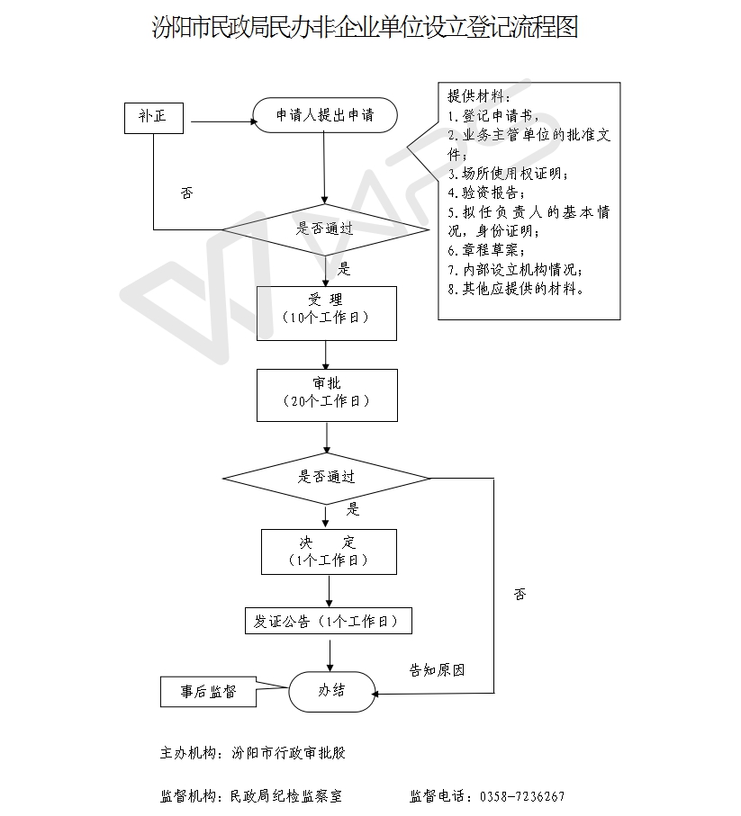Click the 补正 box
pyautogui.click(x=154, y=118)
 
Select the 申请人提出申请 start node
pyautogui.click(x=325, y=115)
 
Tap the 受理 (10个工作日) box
pyautogui.click(x=327, y=313)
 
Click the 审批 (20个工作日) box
pyautogui.click(x=327, y=395)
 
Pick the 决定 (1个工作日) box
pyautogui.click(x=330, y=551)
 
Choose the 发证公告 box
pyautogui.click(x=329, y=621)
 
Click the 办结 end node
pyautogui.click(x=332, y=692)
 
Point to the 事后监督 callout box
pyautogui.click(x=208, y=692)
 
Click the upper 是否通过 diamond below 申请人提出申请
pyautogui.click(x=326, y=229)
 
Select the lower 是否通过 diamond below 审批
pyautogui.click(x=327, y=479)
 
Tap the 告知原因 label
pyautogui.click(x=437, y=669)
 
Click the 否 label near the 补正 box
pyautogui.click(x=187, y=193)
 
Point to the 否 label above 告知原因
pyautogui.click(x=520, y=595)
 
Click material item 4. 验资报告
pyautogui.click(x=486, y=193)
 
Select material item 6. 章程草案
pyautogui.click(x=486, y=250)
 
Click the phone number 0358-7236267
pyautogui.click(x=522, y=796)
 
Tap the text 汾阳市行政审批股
pyautogui.click(x=288, y=753)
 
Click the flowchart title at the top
pyautogui.click(x=365, y=27)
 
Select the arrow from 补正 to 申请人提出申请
pyautogui.click(x=224, y=121)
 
